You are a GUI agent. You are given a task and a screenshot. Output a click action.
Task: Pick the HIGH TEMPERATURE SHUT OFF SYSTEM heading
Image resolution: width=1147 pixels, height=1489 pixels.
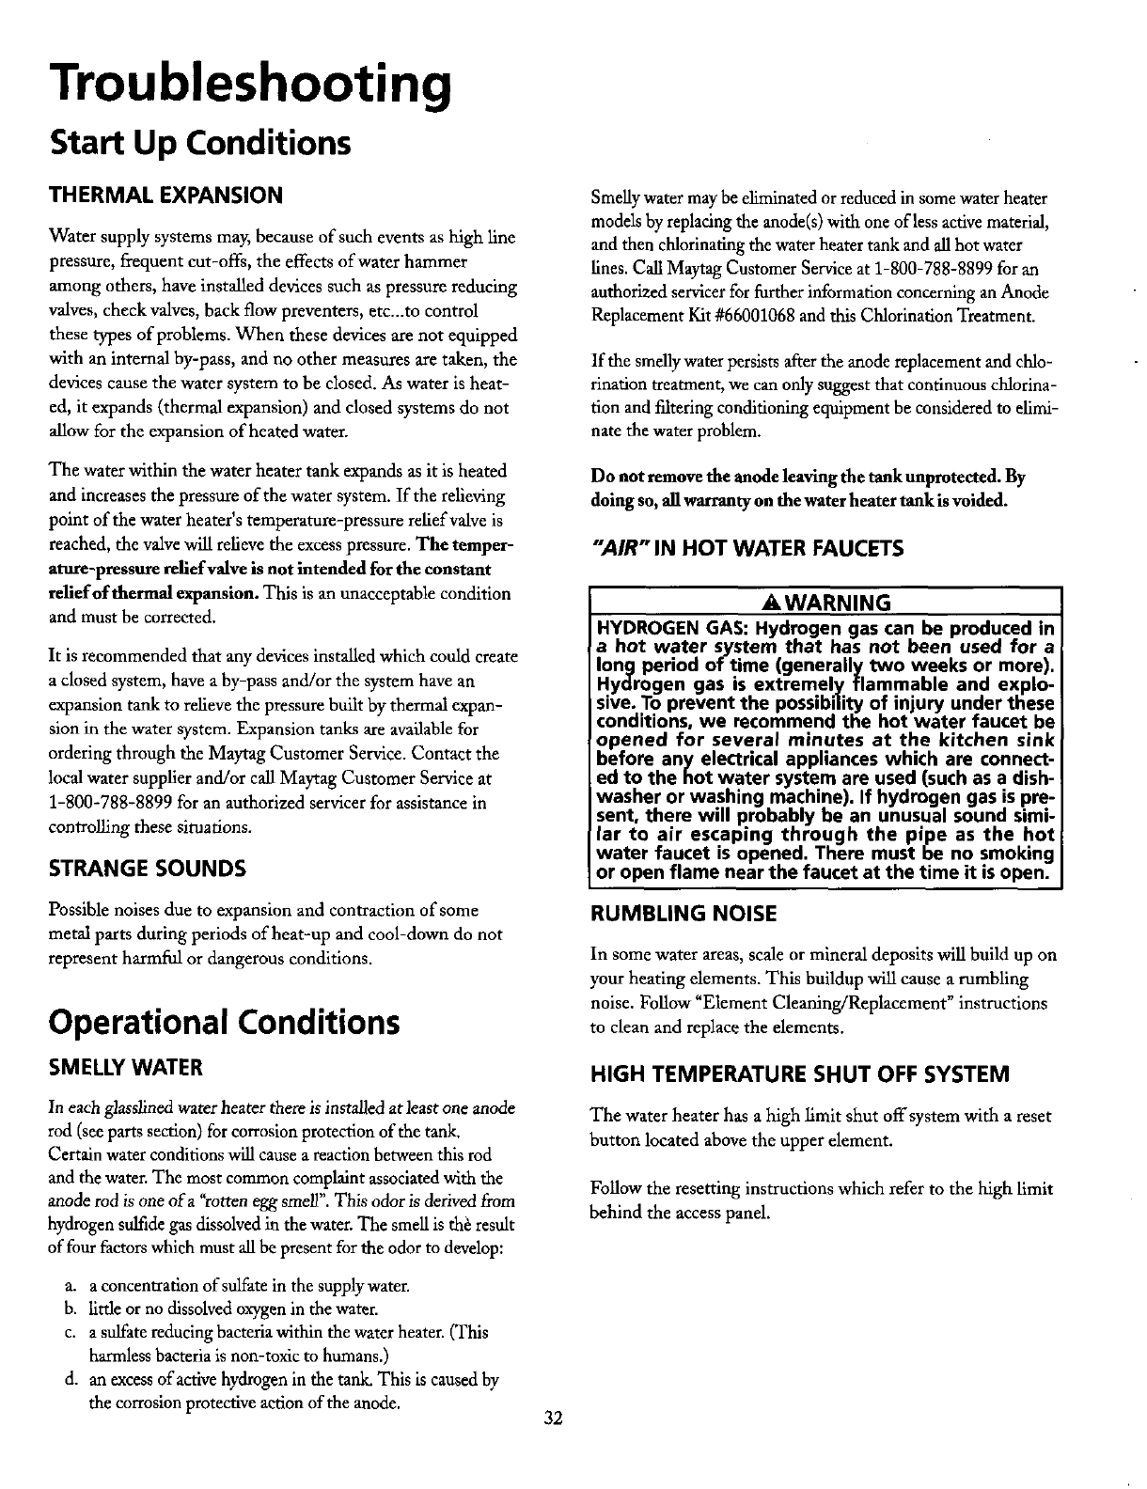tap(799, 1074)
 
